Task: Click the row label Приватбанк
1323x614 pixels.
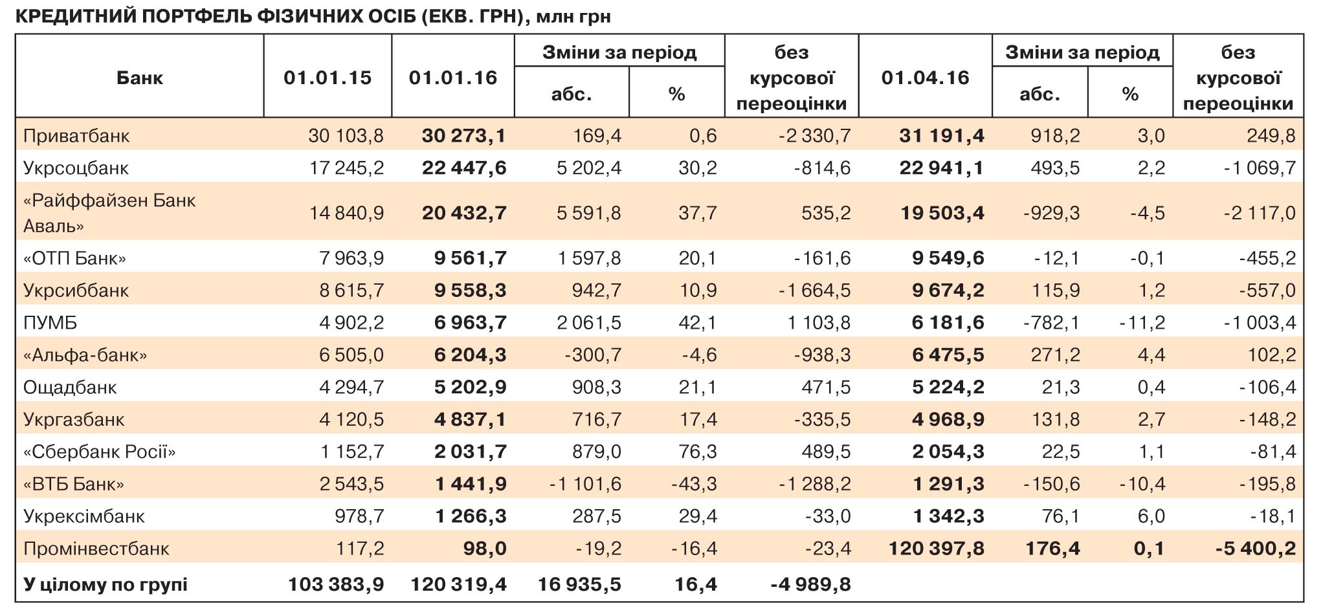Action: (76, 136)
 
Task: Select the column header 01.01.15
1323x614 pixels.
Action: (328, 78)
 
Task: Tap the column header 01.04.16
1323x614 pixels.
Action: (925, 78)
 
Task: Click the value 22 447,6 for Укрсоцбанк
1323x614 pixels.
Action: (463, 168)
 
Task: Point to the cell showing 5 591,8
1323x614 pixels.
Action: (588, 213)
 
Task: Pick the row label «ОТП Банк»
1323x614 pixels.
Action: (74, 258)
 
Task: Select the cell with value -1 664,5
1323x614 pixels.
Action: (814, 291)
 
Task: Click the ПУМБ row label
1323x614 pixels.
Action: (50, 322)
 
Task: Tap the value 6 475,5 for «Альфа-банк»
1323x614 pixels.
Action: (948, 355)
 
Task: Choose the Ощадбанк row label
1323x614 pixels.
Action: (70, 387)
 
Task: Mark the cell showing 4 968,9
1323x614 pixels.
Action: (948, 419)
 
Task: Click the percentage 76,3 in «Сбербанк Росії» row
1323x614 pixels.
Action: (697, 452)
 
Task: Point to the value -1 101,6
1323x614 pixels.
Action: (584, 484)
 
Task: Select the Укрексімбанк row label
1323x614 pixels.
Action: (84, 516)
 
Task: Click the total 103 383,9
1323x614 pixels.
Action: (335, 584)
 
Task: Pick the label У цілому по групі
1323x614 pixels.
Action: (106, 584)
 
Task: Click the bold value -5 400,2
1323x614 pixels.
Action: (1255, 549)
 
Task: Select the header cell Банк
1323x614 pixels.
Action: (139, 78)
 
